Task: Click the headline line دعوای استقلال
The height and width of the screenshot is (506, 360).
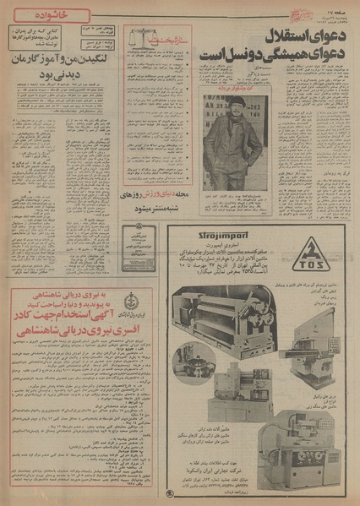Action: coord(275,38)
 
